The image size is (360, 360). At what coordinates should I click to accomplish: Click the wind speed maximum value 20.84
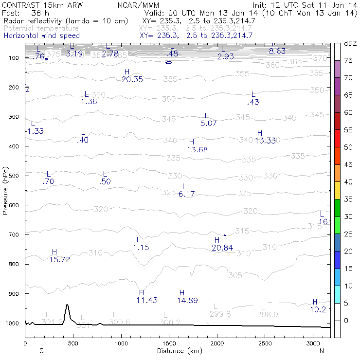[x=222, y=248]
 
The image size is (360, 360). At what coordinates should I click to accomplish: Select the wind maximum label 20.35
[x=132, y=79]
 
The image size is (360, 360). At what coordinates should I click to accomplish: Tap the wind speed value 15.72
[x=60, y=260]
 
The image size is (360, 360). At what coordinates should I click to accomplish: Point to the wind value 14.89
[x=187, y=301]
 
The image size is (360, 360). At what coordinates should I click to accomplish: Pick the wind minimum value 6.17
[x=187, y=194]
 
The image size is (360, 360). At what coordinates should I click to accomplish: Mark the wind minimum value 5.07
[x=208, y=124]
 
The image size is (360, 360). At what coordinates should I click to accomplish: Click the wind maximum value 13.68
[x=197, y=150]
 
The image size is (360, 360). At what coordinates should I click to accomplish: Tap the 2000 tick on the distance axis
[x=216, y=343]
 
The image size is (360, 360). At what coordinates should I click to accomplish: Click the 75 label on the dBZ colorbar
[x=348, y=60]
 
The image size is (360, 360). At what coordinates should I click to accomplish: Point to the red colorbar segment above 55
[x=337, y=121]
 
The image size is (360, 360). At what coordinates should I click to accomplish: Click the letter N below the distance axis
[x=322, y=351]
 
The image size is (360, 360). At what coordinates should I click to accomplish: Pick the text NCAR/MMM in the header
[x=138, y=5]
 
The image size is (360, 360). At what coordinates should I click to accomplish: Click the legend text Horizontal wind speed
[x=41, y=36]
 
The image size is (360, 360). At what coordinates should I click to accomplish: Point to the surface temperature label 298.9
[x=268, y=315]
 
